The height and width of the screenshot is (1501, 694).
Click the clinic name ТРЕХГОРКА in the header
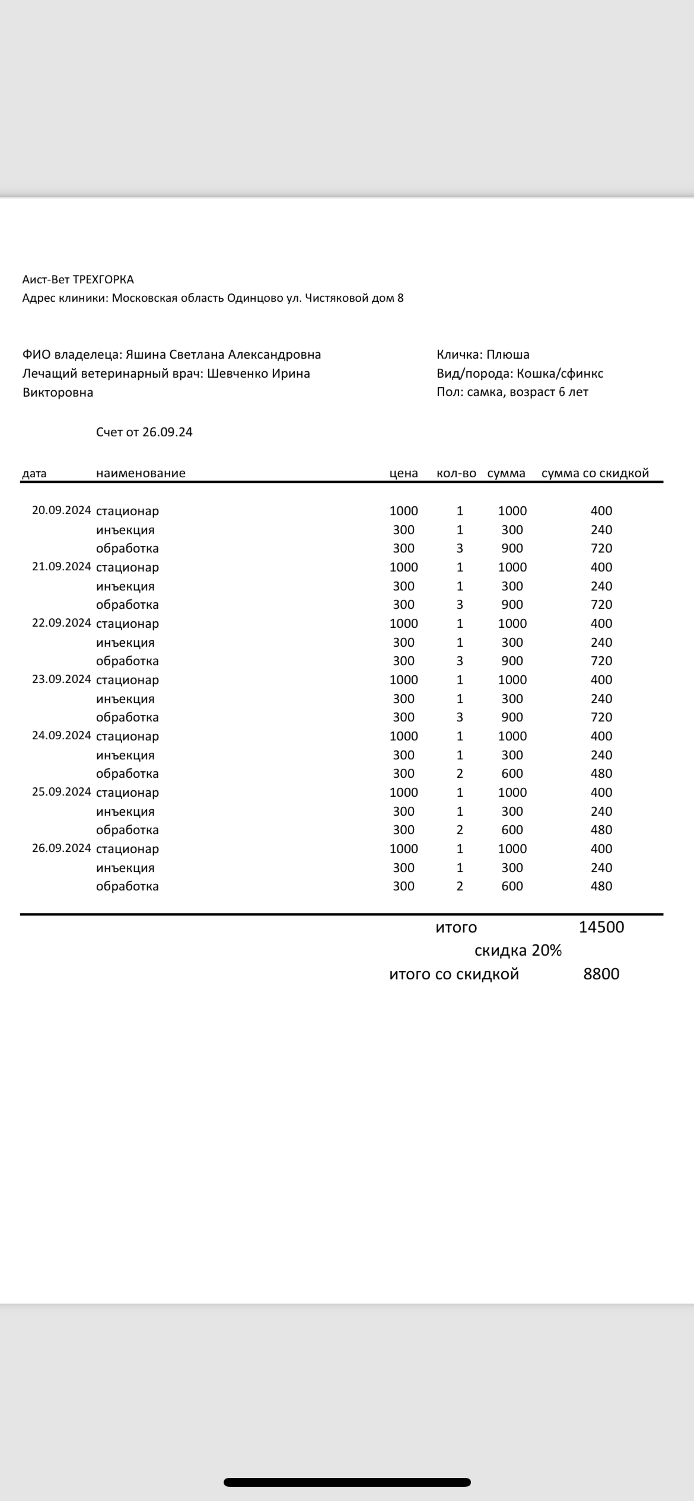(103, 279)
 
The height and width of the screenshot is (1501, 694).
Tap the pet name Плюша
(508, 355)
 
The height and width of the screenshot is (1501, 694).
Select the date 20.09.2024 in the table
(62, 510)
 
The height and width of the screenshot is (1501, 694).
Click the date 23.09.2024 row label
(62, 679)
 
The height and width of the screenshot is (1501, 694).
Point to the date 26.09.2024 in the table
(62, 848)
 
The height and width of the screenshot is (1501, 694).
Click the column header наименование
(141, 473)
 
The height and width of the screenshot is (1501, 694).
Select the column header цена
(403, 473)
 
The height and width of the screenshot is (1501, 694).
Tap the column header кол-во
(456, 473)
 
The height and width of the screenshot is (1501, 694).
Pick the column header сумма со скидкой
(595, 473)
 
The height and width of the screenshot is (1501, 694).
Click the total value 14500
(601, 927)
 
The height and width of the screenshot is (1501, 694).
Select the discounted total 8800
(601, 974)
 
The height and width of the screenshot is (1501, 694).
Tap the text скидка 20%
(518, 951)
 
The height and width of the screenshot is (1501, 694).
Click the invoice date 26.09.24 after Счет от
(167, 432)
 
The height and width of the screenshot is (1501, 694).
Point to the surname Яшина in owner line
(145, 355)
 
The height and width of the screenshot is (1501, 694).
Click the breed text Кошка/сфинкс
(560, 373)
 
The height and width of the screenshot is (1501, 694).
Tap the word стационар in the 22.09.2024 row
(128, 624)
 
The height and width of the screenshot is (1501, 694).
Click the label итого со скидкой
(454, 974)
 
